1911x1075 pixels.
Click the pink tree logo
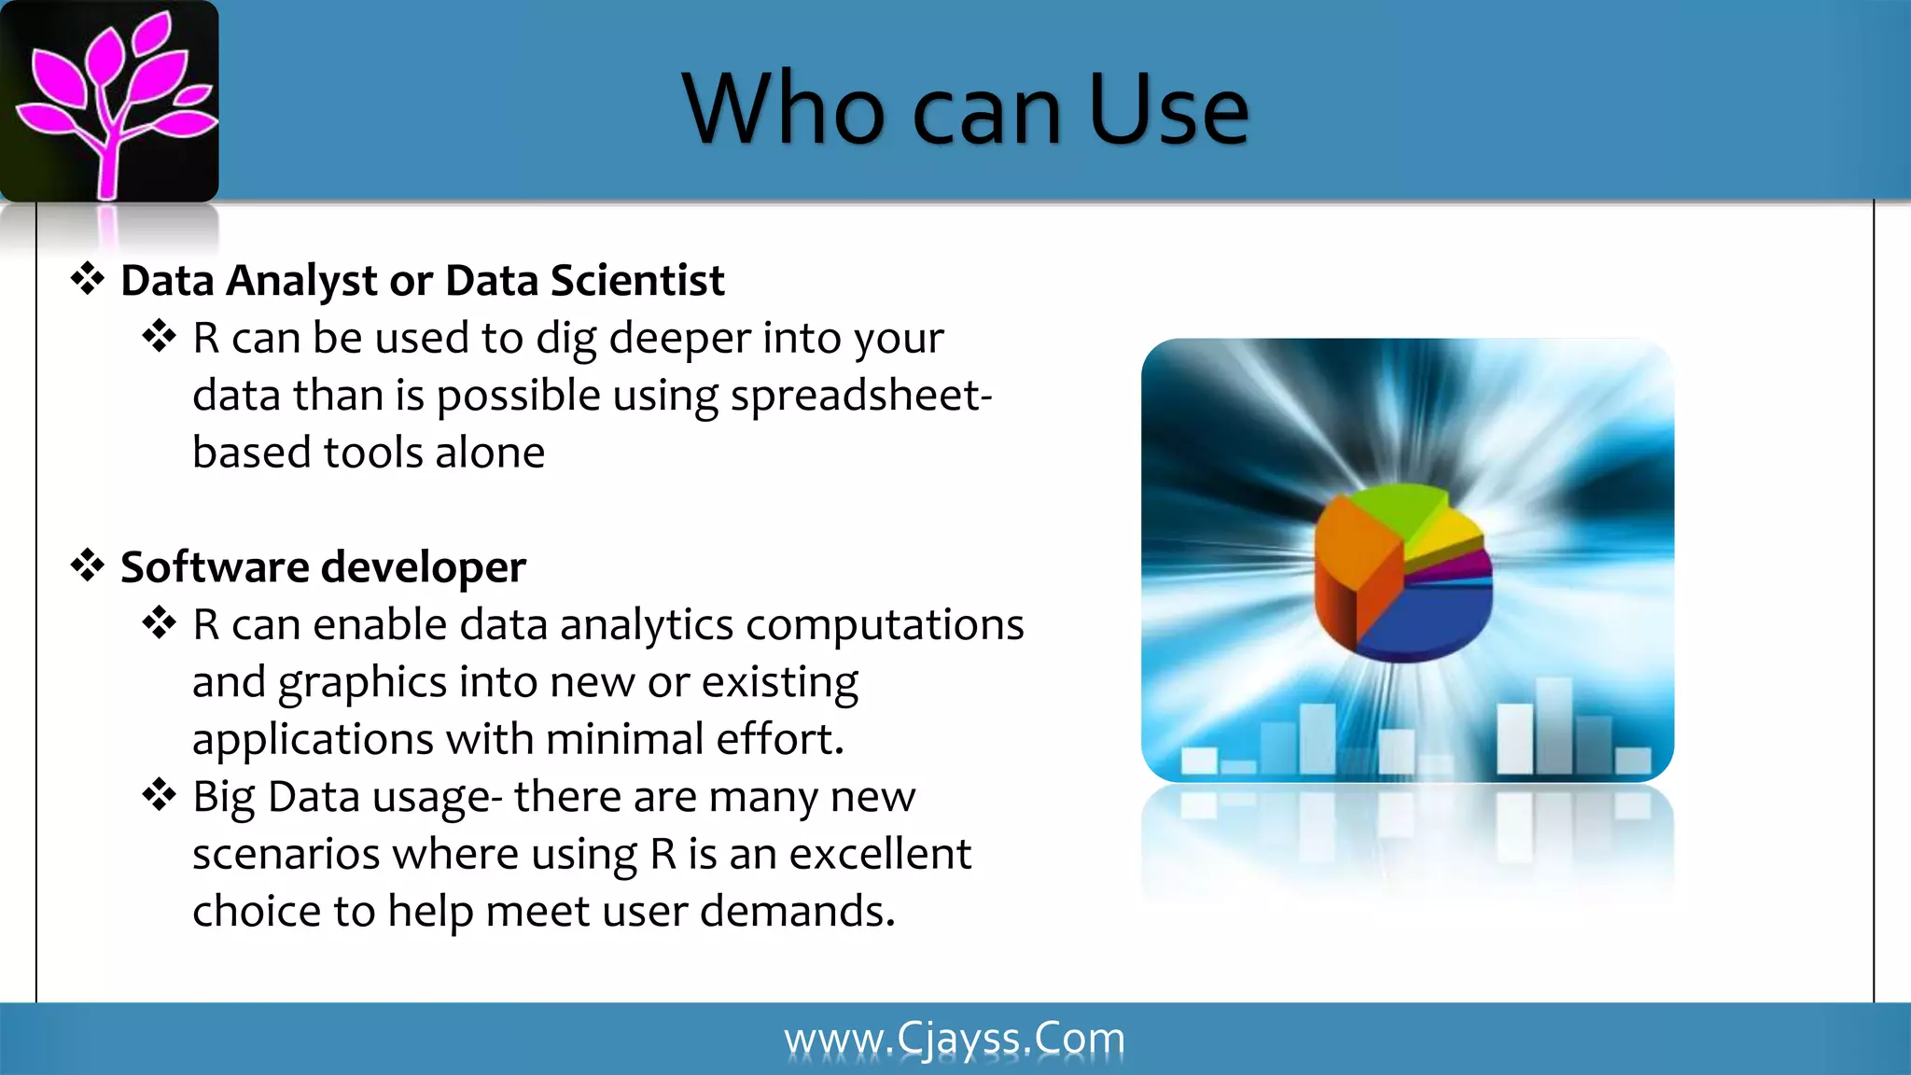(110, 101)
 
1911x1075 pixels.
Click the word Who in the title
(784, 110)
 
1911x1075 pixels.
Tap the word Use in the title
(1167, 110)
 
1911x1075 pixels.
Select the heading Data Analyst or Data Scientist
(422, 281)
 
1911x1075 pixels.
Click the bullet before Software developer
(88, 565)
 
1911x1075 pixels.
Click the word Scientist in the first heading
(637, 281)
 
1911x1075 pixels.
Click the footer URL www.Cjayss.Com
(955, 1039)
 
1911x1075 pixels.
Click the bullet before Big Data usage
(160, 796)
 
